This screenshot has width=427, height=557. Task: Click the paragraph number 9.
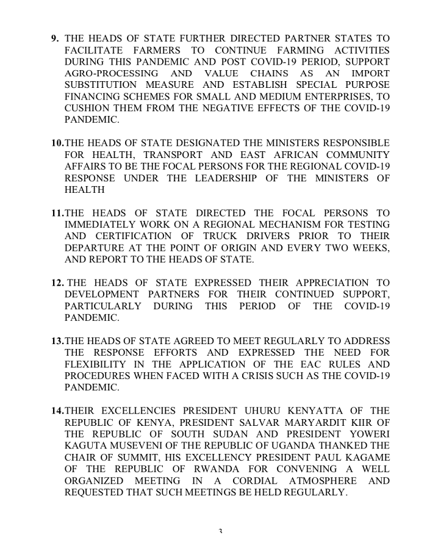(55, 38)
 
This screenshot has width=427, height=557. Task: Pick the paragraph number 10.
(57, 143)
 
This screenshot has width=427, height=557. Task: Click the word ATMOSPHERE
(318, 480)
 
